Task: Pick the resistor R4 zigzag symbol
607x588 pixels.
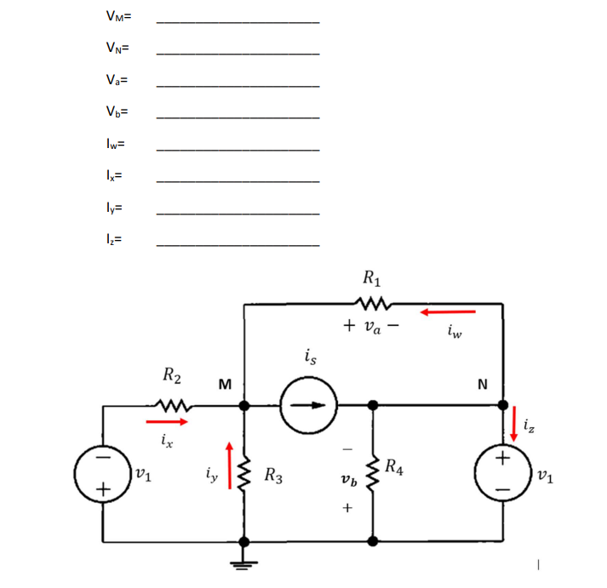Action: (x=374, y=471)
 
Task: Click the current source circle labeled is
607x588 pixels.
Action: (x=310, y=404)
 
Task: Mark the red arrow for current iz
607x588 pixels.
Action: (x=514, y=423)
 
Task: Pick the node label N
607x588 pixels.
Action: (x=483, y=384)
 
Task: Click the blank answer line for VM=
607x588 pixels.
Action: (x=238, y=20)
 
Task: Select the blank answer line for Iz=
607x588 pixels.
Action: (x=238, y=245)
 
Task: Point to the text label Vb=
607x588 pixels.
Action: (x=117, y=112)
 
